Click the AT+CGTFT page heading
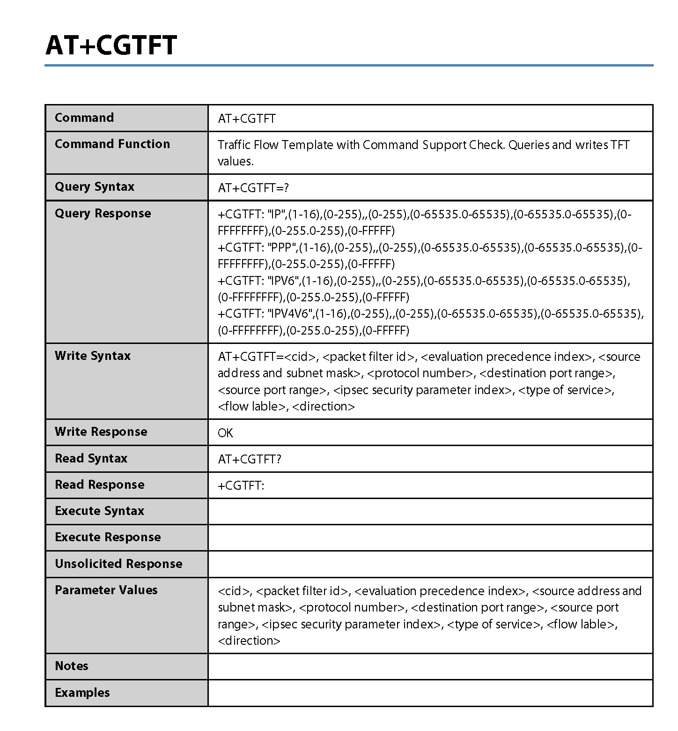click(111, 45)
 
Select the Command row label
click(84, 118)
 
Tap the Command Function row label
click(112, 144)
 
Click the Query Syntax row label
click(95, 186)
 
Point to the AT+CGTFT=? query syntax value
click(253, 188)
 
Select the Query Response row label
click(103, 213)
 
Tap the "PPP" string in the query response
click(282, 247)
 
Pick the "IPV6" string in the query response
click(283, 281)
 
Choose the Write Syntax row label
click(93, 356)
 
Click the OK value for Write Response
click(225, 433)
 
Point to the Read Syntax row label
click(91, 458)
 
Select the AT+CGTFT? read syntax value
click(250, 459)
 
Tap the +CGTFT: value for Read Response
click(241, 485)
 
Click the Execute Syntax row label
click(100, 511)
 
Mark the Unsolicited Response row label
click(118, 564)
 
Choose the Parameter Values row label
click(106, 590)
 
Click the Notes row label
click(72, 666)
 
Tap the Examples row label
click(82, 693)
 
